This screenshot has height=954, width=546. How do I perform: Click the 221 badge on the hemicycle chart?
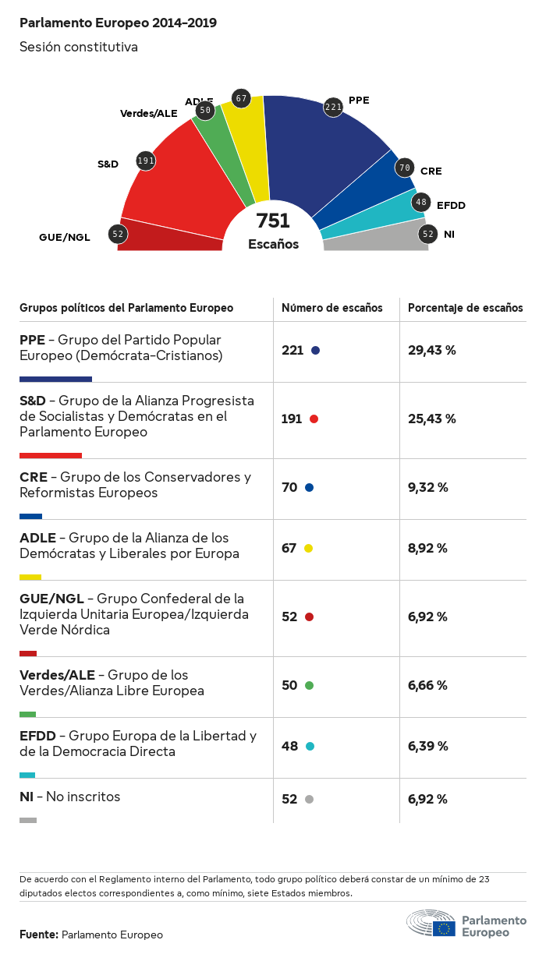point(334,107)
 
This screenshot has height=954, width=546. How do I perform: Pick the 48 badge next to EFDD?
point(421,203)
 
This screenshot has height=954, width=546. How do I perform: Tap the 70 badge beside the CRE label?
point(404,167)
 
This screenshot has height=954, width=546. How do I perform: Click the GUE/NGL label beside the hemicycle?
point(65,237)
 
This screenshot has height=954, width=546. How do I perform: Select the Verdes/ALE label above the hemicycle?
point(148,113)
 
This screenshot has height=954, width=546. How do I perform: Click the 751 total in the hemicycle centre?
point(273,221)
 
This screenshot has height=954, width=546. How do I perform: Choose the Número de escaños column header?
point(331,308)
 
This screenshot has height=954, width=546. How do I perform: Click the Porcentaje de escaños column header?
point(466,308)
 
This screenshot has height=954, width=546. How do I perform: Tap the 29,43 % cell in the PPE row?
point(431,350)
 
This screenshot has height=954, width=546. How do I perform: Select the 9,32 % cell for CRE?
point(427,487)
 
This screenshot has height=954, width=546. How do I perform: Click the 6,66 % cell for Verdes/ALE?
point(427,685)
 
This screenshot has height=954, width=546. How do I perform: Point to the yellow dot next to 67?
point(309,548)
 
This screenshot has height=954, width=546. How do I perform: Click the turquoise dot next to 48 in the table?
point(310,746)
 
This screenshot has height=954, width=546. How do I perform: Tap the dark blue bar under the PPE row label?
point(55,379)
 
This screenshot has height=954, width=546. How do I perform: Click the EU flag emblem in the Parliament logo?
point(445,927)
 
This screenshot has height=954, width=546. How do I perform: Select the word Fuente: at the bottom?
point(38,935)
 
